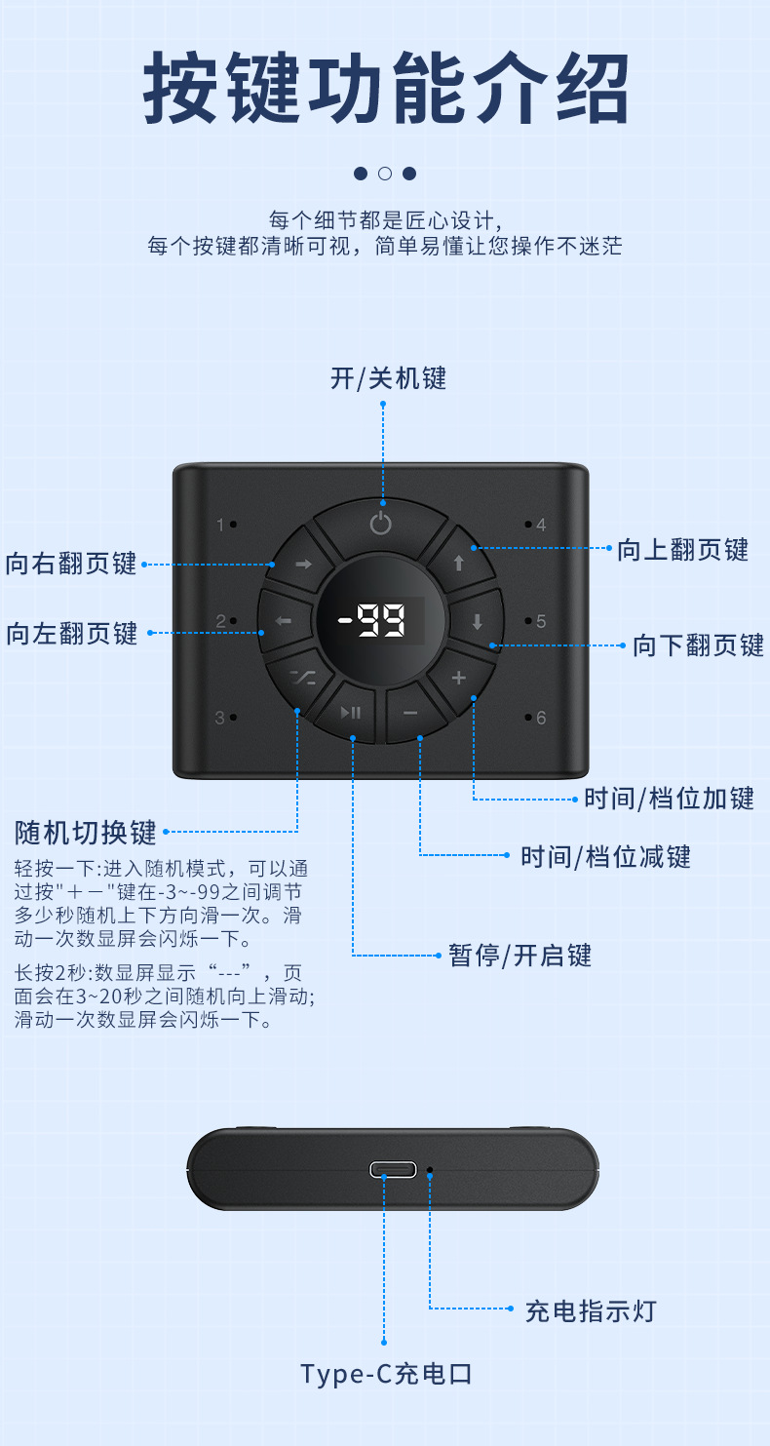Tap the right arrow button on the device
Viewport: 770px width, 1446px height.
(x=302, y=564)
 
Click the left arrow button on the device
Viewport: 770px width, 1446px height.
(x=284, y=621)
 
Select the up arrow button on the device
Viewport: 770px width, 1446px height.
(x=459, y=563)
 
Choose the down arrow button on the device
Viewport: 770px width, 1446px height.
(x=478, y=621)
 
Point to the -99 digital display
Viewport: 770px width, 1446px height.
(x=381, y=621)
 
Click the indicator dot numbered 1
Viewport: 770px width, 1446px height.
(x=234, y=525)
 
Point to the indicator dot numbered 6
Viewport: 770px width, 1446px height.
(x=528, y=719)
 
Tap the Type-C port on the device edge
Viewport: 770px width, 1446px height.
(x=393, y=1169)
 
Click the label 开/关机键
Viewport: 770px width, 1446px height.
(x=388, y=378)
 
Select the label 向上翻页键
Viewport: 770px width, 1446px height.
(x=682, y=550)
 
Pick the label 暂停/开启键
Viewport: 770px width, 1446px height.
(x=520, y=955)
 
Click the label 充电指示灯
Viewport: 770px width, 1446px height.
(x=591, y=1310)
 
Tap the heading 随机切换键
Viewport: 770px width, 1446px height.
(x=86, y=833)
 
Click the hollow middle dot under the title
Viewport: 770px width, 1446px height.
(x=385, y=174)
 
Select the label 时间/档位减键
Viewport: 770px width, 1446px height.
(x=605, y=857)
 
